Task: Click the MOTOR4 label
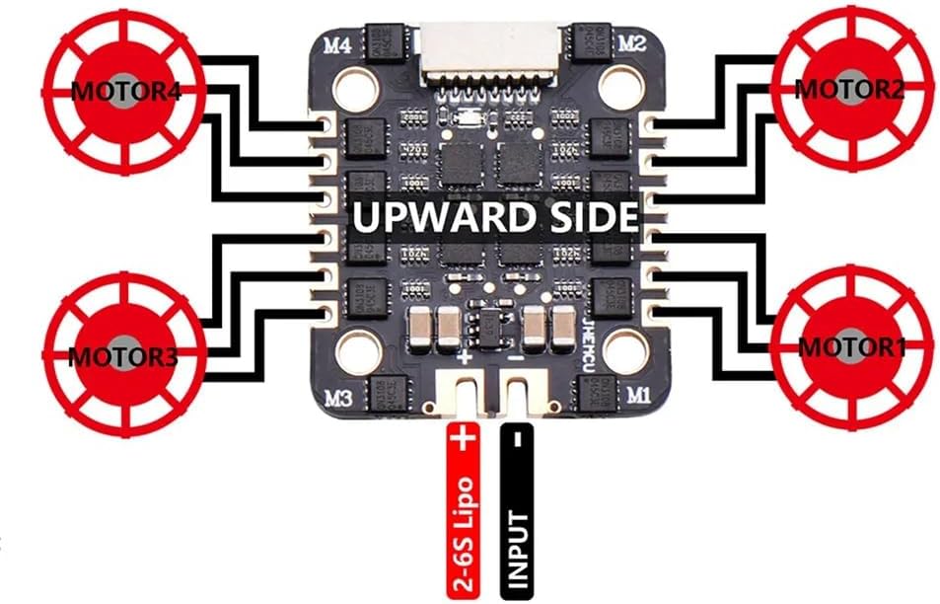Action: (x=110, y=91)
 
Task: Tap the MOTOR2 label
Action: (x=849, y=89)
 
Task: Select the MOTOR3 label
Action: (x=121, y=356)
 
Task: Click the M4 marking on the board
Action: (x=338, y=44)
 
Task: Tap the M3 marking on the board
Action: (x=338, y=399)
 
